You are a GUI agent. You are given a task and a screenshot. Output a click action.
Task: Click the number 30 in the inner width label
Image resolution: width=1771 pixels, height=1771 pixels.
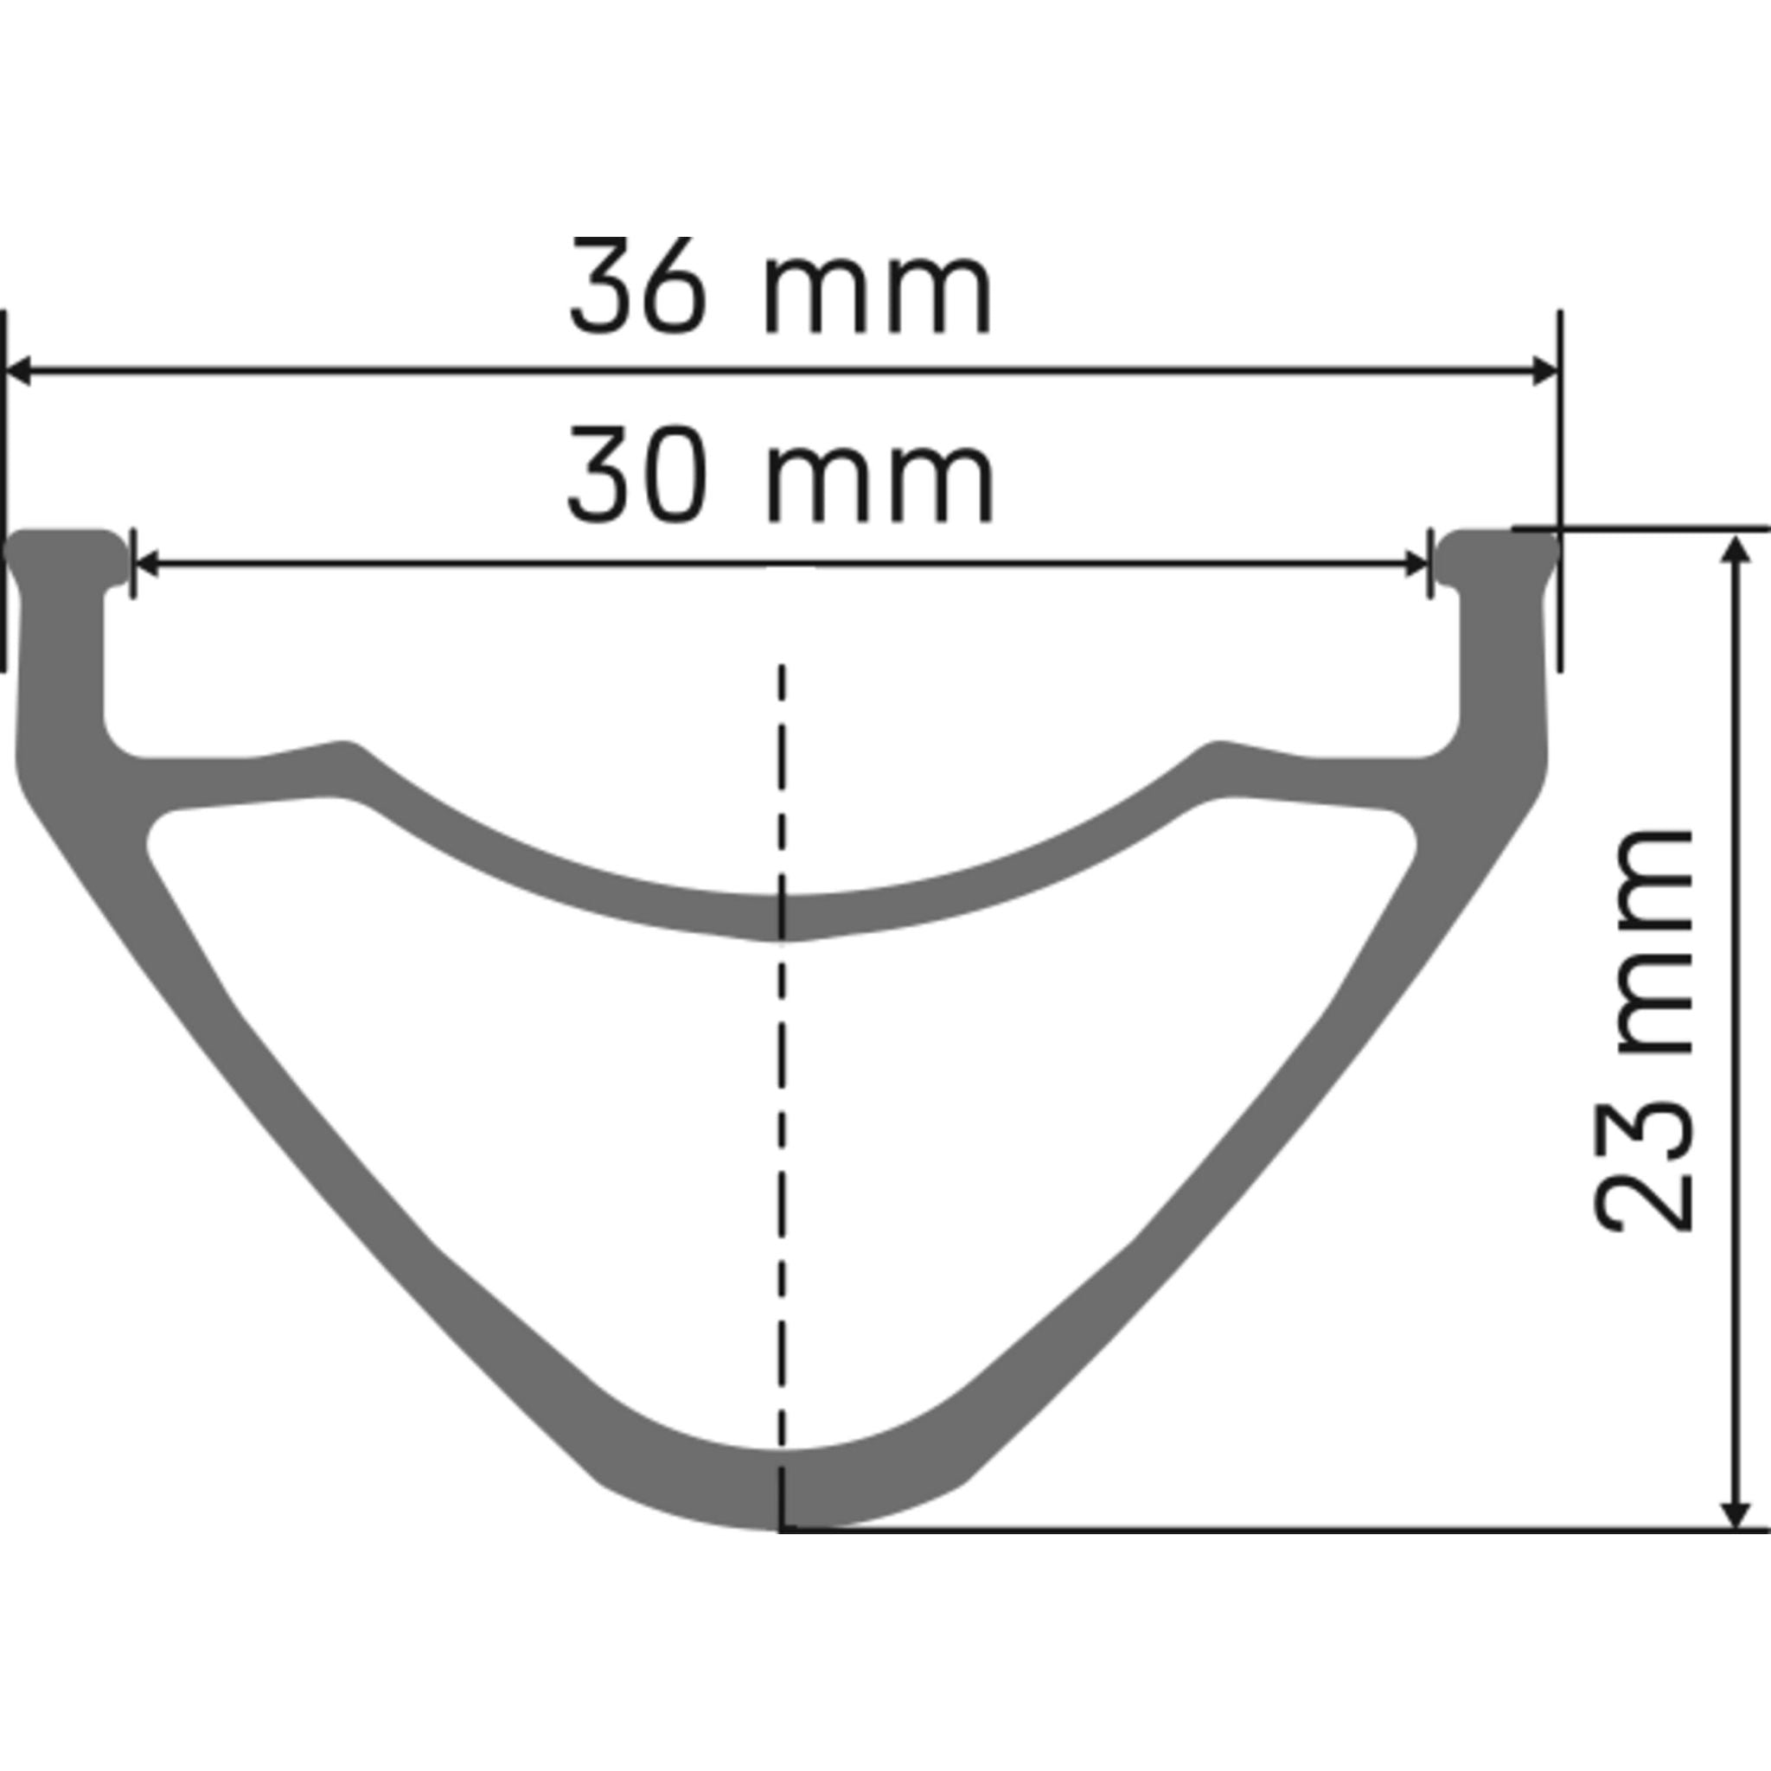click(639, 475)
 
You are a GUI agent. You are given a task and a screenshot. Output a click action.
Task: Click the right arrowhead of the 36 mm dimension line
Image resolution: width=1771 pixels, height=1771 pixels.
click(1545, 372)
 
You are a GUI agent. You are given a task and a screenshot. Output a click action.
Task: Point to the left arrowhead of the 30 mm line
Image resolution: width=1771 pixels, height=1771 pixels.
click(147, 565)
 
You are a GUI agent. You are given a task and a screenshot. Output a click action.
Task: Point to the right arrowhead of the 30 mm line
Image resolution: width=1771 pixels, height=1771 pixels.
click(1416, 565)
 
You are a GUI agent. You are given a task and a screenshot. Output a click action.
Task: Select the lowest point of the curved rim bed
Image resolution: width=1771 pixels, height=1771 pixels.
click(781, 917)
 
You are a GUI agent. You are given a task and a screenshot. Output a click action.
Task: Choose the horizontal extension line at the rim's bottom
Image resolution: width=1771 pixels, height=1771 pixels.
click(1283, 1530)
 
